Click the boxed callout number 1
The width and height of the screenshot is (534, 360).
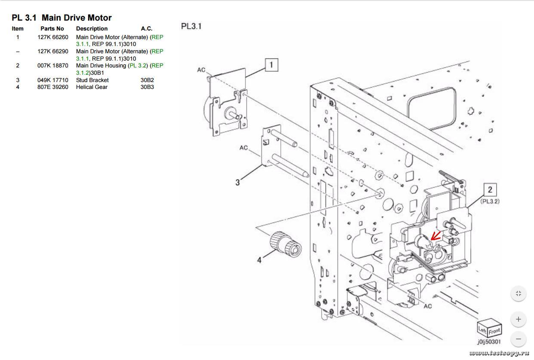pyautogui.click(x=271, y=65)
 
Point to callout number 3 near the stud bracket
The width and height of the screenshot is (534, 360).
pyautogui.click(x=237, y=182)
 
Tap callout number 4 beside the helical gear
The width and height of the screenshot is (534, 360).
pyautogui.click(x=259, y=260)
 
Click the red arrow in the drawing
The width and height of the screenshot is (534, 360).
pyautogui.click(x=436, y=236)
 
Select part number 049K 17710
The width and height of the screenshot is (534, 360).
pyautogui.click(x=52, y=80)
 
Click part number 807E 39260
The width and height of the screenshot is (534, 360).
pyautogui.click(x=52, y=87)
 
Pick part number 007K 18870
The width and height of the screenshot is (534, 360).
pyautogui.click(x=52, y=66)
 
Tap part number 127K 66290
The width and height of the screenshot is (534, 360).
pyautogui.click(x=52, y=52)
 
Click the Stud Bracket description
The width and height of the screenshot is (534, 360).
pyautogui.click(x=92, y=80)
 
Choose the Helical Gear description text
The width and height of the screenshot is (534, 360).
pyautogui.click(x=92, y=87)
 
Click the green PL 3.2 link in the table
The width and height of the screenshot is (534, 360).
pyautogui.click(x=138, y=66)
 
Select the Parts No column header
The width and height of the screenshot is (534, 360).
pyautogui.click(x=52, y=29)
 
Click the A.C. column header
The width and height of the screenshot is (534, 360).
pyautogui.click(x=147, y=29)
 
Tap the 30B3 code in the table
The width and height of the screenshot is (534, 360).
pyautogui.click(x=147, y=87)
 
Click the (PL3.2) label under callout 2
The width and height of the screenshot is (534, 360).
pyautogui.click(x=490, y=201)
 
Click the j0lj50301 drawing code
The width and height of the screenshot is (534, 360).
pyautogui.click(x=489, y=342)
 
